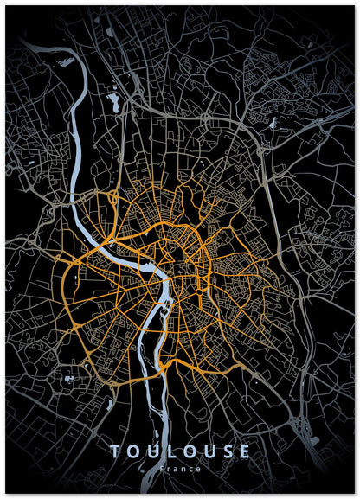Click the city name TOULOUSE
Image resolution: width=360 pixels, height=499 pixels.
(x=180, y=451)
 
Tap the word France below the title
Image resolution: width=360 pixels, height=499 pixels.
(x=180, y=469)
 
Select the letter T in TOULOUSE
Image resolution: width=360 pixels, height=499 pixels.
(x=115, y=451)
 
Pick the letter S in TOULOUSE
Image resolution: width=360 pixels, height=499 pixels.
(x=228, y=451)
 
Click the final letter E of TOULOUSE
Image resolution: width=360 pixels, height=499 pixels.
(x=246, y=451)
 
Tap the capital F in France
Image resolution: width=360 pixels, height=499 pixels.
(x=162, y=469)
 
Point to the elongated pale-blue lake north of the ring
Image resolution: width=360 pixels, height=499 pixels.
(x=113, y=105)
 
